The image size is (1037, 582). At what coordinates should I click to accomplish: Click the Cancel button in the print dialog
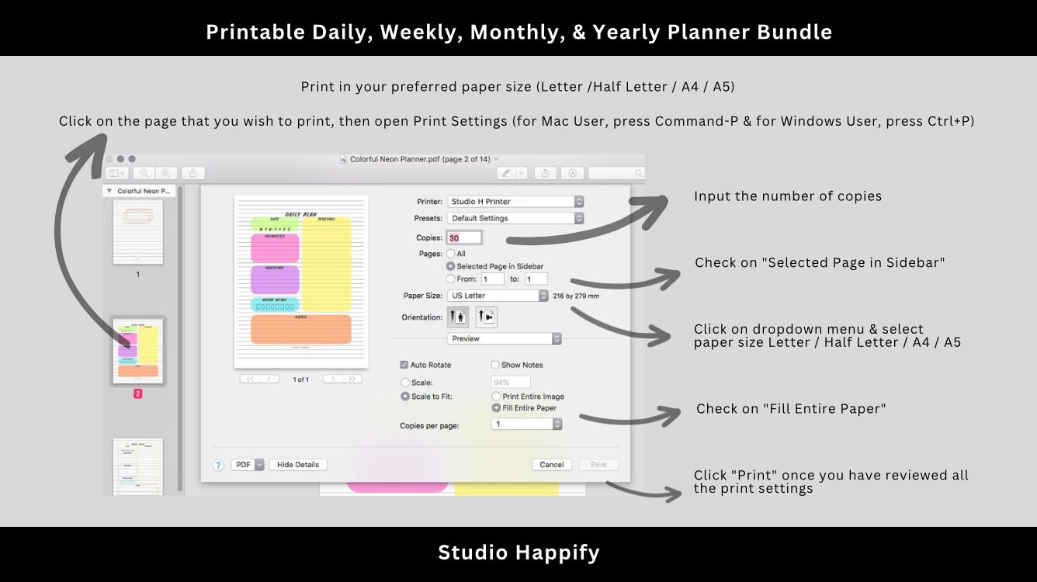coord(551,465)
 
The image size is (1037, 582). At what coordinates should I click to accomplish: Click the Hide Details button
coord(298,465)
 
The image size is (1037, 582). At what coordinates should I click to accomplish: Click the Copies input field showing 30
coord(464,238)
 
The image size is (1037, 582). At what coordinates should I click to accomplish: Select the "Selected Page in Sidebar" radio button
coord(450,266)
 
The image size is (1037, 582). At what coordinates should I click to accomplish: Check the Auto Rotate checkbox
coord(404,365)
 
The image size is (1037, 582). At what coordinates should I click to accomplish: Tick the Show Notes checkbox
coord(495,365)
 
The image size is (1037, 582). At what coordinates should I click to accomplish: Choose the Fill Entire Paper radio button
coord(496,408)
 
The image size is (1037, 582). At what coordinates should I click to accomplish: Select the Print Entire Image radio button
coord(496,397)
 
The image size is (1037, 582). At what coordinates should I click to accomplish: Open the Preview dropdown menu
coord(504,339)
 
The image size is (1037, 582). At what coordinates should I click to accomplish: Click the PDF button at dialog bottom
coord(248,465)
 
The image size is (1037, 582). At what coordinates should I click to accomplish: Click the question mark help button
coord(219,466)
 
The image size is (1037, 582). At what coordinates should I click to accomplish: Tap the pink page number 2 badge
coord(137,394)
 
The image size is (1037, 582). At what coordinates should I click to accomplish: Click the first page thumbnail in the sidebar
coord(137,231)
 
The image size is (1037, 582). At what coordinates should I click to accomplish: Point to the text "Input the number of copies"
coord(787,196)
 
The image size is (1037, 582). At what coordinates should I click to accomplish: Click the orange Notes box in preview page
coord(301,329)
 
